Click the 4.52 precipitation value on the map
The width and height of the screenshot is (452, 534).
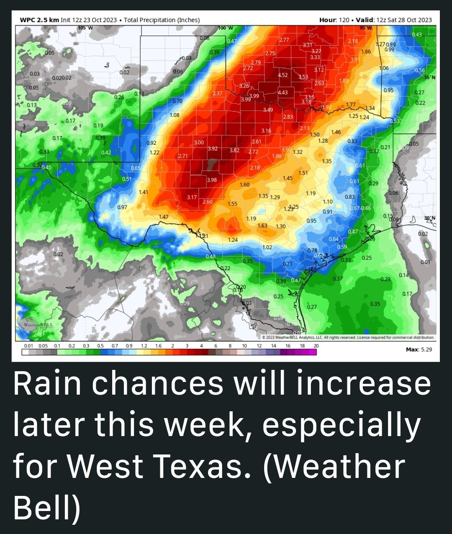click(283, 75)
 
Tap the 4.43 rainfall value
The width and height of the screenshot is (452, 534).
click(283, 92)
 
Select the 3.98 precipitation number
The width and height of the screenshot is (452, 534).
click(212, 180)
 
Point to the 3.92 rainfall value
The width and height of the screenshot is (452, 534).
click(213, 149)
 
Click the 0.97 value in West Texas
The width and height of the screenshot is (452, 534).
click(122, 207)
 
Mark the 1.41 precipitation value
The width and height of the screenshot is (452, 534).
click(143, 192)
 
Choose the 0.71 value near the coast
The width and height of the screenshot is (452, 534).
click(288, 264)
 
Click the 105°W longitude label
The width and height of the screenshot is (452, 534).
click(85, 28)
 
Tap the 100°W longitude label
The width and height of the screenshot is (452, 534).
click(225, 28)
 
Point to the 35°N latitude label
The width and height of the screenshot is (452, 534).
click(429, 77)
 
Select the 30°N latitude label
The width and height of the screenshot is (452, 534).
click(429, 218)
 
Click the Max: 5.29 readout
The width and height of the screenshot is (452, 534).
click(419, 349)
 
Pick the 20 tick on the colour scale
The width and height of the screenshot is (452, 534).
click(316, 346)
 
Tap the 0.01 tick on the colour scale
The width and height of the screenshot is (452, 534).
click(28, 346)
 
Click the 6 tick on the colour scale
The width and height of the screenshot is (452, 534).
click(216, 346)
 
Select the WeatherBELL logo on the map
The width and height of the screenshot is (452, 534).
click(38, 326)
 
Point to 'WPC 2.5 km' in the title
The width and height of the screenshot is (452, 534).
click(39, 20)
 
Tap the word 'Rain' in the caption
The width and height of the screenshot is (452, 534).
click(47, 384)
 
